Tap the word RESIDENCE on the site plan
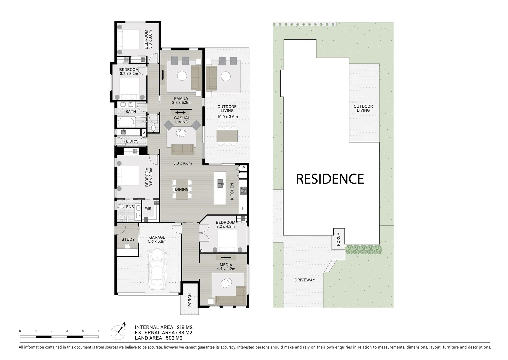pyautogui.click(x=330, y=179)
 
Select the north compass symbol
pyautogui.click(x=119, y=331)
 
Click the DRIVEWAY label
pyautogui.click(x=304, y=280)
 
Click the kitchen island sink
pyautogui.click(x=220, y=183)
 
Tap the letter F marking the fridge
pyautogui.click(x=243, y=208)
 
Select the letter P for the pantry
pyautogui.click(x=243, y=168)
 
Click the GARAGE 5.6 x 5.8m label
pyautogui.click(x=157, y=239)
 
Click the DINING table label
pyautogui.click(x=182, y=189)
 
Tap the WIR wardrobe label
pyautogui.click(x=148, y=208)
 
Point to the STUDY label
pyautogui.click(x=128, y=239)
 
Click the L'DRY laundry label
pyautogui.click(x=131, y=141)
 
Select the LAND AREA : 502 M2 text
pyautogui.click(x=158, y=338)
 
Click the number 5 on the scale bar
pyautogui.click(x=98, y=331)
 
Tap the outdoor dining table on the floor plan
pyautogui.click(x=227, y=136)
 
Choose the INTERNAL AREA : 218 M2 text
pyautogui.click(x=163, y=327)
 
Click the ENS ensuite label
pyautogui.click(x=130, y=207)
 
